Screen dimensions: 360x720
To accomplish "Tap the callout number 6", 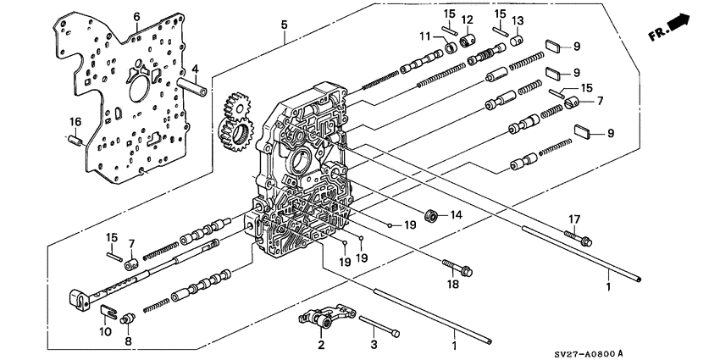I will pyautogui.click(x=136, y=16).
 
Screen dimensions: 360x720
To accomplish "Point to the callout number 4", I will pyautogui.click(x=194, y=69).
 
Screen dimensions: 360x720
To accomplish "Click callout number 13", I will pyautogui.click(x=518, y=20).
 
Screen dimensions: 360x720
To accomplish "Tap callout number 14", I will pyautogui.click(x=458, y=216).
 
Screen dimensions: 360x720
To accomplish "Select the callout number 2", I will pyautogui.click(x=321, y=345).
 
